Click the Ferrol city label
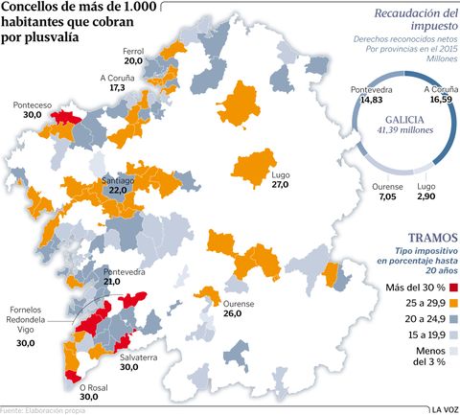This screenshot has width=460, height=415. pos(133,51)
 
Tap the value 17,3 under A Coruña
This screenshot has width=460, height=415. pos(117,87)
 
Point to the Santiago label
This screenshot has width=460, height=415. pos(119,179)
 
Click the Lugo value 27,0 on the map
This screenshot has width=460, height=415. pos(280,183)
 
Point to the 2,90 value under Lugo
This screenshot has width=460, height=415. pos(427,196)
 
